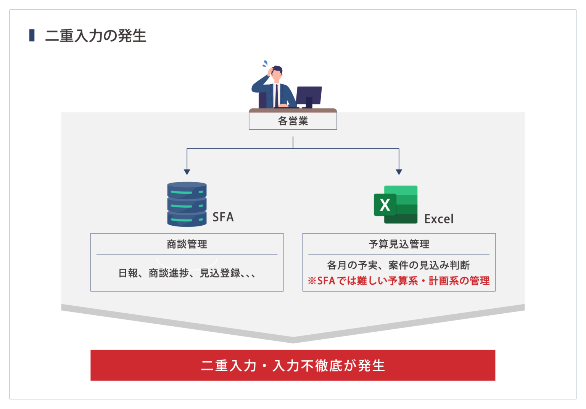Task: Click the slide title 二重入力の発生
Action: click(95, 36)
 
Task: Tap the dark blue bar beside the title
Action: click(32, 35)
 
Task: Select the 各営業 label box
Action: click(293, 121)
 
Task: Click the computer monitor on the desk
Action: click(309, 95)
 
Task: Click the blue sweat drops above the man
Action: click(265, 63)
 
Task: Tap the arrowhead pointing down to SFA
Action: click(187, 172)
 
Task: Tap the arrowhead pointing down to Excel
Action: click(399, 172)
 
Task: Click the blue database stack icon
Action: click(187, 204)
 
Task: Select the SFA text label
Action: click(223, 217)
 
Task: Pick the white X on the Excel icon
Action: click(385, 205)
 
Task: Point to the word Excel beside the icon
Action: click(439, 219)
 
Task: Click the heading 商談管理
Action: click(187, 244)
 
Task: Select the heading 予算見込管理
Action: click(399, 244)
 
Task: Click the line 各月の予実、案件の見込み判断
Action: click(398, 265)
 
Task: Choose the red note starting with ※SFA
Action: click(399, 281)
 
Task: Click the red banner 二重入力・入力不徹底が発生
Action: click(293, 365)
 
